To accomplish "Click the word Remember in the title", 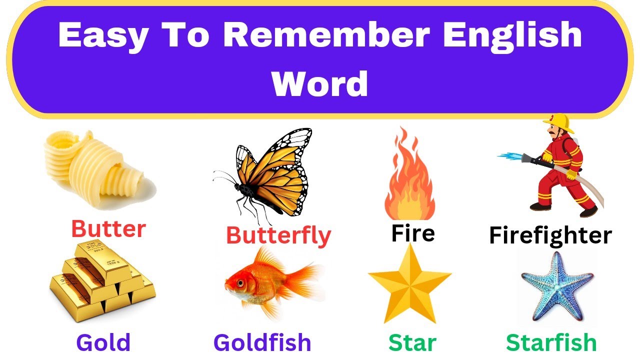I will (x=326, y=35).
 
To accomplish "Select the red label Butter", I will (x=108, y=229).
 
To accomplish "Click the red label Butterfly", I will (x=278, y=235).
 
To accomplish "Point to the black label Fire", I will (x=413, y=233).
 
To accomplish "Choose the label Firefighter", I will (x=550, y=235).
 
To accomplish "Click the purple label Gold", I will (x=103, y=343).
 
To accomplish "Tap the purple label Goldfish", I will (x=262, y=343).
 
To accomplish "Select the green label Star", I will (x=412, y=343).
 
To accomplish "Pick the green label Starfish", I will (x=551, y=343).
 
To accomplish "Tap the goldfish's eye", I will (x=238, y=283).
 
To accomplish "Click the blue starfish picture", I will (x=556, y=287).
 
